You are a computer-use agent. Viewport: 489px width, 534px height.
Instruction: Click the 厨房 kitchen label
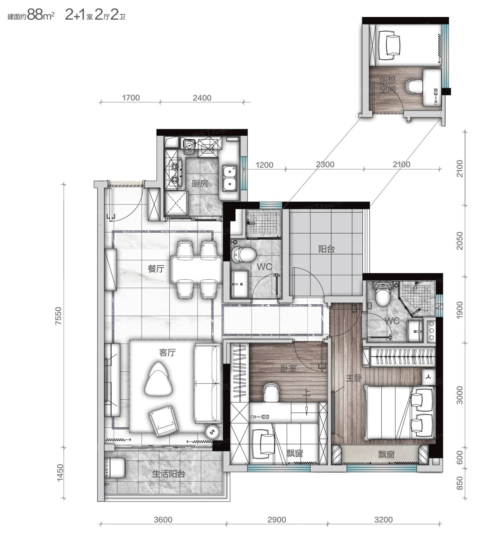(200, 183)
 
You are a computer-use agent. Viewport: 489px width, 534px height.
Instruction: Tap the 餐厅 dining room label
(156, 268)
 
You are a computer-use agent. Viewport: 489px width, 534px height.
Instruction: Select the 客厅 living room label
(167, 352)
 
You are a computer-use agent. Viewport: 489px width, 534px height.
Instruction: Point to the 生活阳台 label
(169, 474)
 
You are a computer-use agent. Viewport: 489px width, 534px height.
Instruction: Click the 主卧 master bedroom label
(354, 378)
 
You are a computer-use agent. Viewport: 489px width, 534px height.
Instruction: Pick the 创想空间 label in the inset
(387, 84)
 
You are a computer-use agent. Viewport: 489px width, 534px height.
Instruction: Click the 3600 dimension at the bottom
(163, 520)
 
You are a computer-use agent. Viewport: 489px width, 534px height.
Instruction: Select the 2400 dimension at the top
(202, 98)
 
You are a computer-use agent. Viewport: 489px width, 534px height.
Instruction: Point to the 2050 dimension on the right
(460, 241)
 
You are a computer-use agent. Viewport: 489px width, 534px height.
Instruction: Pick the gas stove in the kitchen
(175, 173)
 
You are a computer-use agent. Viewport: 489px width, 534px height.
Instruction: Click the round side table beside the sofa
(212, 432)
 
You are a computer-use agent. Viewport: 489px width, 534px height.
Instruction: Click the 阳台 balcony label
(326, 249)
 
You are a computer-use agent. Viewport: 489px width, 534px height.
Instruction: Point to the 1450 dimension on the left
(60, 473)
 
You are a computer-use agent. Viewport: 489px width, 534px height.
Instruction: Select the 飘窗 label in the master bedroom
(386, 454)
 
